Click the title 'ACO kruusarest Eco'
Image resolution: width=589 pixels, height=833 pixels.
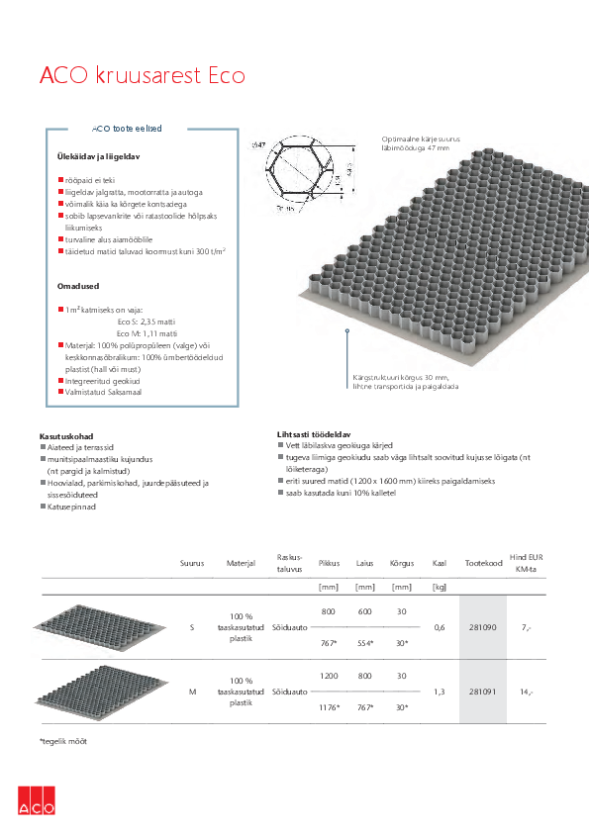coord(142,75)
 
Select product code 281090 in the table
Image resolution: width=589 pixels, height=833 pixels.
coord(481,627)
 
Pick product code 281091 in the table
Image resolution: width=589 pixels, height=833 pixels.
coord(481,691)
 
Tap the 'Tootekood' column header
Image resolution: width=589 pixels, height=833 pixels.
coord(481,563)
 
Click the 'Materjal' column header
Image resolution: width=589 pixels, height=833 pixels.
coord(241,563)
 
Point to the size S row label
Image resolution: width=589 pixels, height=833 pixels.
coord(191,627)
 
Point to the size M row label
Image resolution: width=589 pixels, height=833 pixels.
coord(191,691)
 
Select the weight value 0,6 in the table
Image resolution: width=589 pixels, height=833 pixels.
coord(439,627)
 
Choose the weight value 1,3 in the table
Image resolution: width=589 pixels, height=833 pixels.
coord(439,691)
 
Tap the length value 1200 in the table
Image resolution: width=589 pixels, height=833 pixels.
coord(329,675)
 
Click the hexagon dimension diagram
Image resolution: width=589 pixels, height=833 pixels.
coord(307,175)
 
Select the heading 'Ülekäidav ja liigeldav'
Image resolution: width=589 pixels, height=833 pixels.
coord(99,157)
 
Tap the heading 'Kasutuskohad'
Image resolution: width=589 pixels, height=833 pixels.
coord(65,436)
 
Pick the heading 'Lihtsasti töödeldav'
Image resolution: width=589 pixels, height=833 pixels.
coord(315,433)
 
